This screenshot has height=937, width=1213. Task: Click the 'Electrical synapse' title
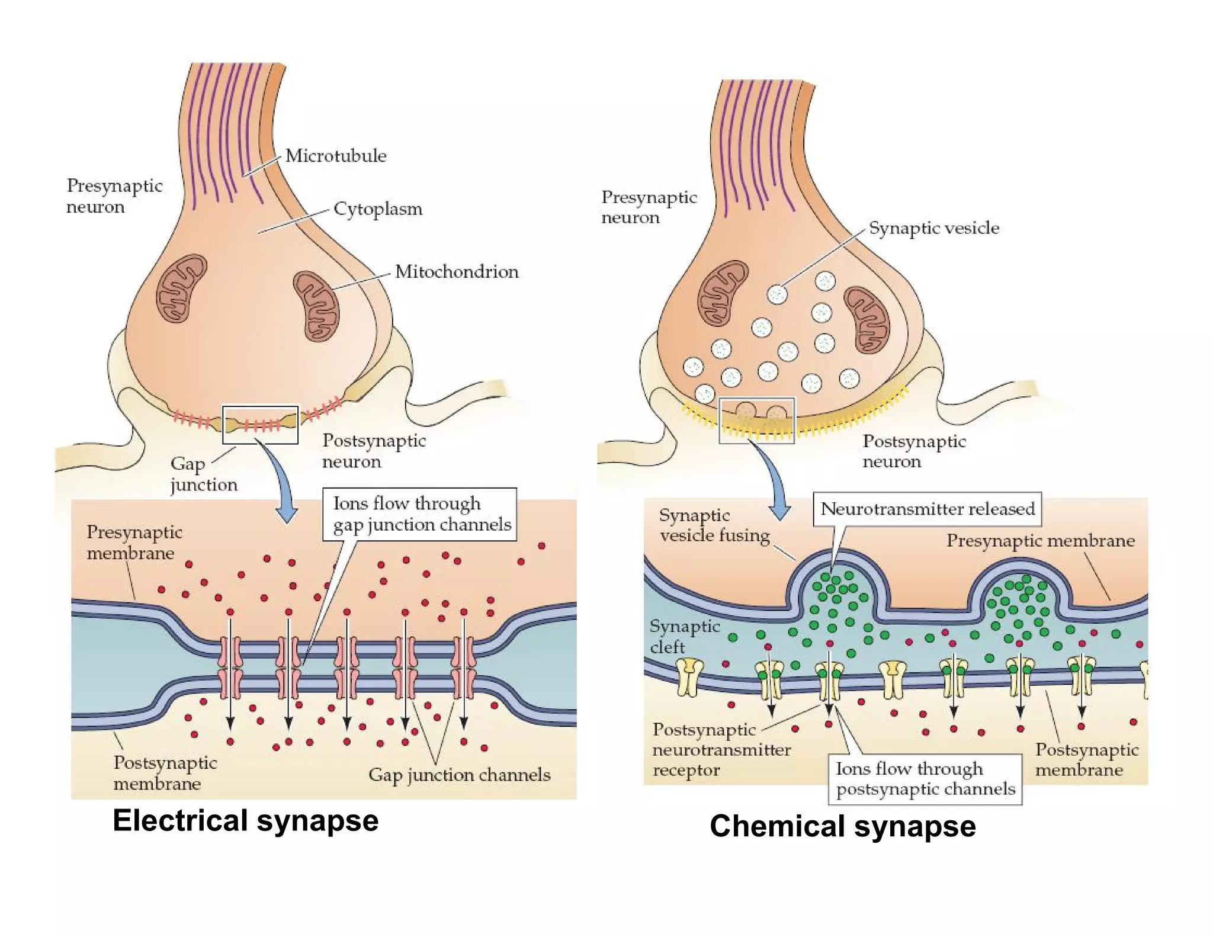pos(245,821)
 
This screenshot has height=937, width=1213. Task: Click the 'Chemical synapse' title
pos(842,826)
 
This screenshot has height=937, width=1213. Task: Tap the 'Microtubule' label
pos(336,156)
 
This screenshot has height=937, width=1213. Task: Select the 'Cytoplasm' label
pos(378,209)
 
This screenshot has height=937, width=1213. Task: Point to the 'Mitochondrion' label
pos(457,272)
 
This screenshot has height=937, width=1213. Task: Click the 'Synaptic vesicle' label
pos(934,228)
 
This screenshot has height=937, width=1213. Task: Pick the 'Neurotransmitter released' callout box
pos(927,509)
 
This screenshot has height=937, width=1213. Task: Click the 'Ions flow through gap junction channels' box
pos(419,514)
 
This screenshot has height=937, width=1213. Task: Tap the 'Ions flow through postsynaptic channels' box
pos(925,779)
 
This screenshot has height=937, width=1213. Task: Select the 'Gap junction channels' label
pos(459,775)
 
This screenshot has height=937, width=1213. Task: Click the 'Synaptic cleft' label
pos(684,637)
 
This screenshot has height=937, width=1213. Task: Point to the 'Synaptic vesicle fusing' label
pos(714,525)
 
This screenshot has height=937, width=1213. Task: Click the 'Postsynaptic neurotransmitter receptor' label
pos(721,750)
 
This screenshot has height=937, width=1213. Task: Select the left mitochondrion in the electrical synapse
pos(182,288)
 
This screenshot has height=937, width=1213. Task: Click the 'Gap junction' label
pos(203,474)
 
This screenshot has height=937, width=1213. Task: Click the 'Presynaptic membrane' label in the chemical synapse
pos(1040,541)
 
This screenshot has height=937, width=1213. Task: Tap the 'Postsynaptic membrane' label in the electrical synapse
pos(165,773)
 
